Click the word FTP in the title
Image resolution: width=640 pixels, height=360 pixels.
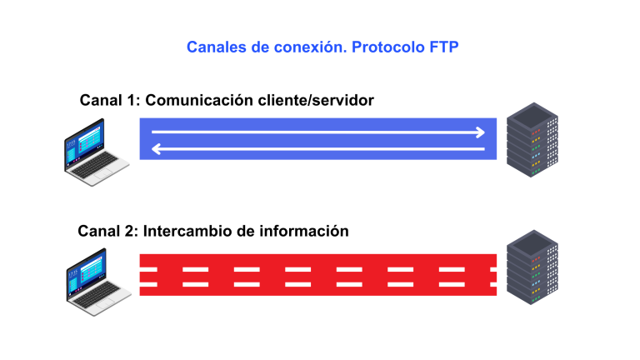tap(442, 47)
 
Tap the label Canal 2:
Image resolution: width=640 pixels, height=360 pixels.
tap(108, 231)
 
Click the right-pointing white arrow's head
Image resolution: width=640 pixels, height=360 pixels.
tap(480, 132)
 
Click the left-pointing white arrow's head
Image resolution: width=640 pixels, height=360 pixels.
tap(156, 149)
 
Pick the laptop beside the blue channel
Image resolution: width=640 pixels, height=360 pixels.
tap(94, 147)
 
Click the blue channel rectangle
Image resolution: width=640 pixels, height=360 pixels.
tap(317, 140)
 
